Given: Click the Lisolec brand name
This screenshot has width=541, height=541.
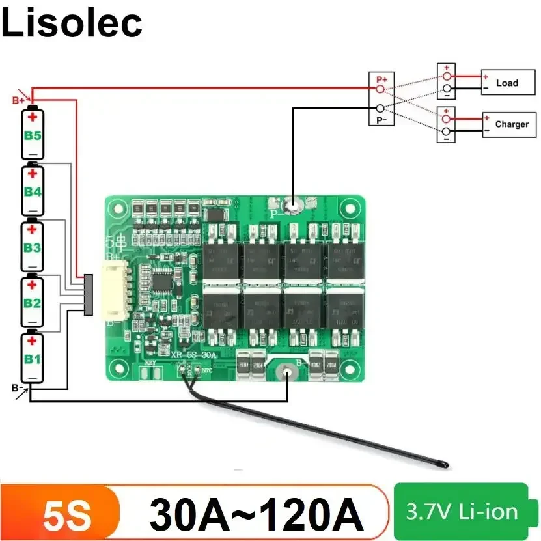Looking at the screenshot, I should pyautogui.click(x=72, y=23).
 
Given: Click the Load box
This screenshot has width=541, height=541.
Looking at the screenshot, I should pyautogui.click(x=506, y=83).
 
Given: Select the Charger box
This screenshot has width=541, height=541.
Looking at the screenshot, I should pyautogui.click(x=511, y=124).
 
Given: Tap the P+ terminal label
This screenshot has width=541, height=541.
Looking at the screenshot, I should pyautogui.click(x=381, y=79).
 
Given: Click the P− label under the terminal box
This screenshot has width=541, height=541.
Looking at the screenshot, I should pyautogui.click(x=381, y=120).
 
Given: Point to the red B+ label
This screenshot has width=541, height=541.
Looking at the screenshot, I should pyautogui.click(x=18, y=100).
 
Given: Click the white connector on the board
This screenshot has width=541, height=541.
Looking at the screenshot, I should pyautogui.click(x=113, y=293).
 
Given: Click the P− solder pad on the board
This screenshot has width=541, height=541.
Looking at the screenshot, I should pyautogui.click(x=294, y=205).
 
